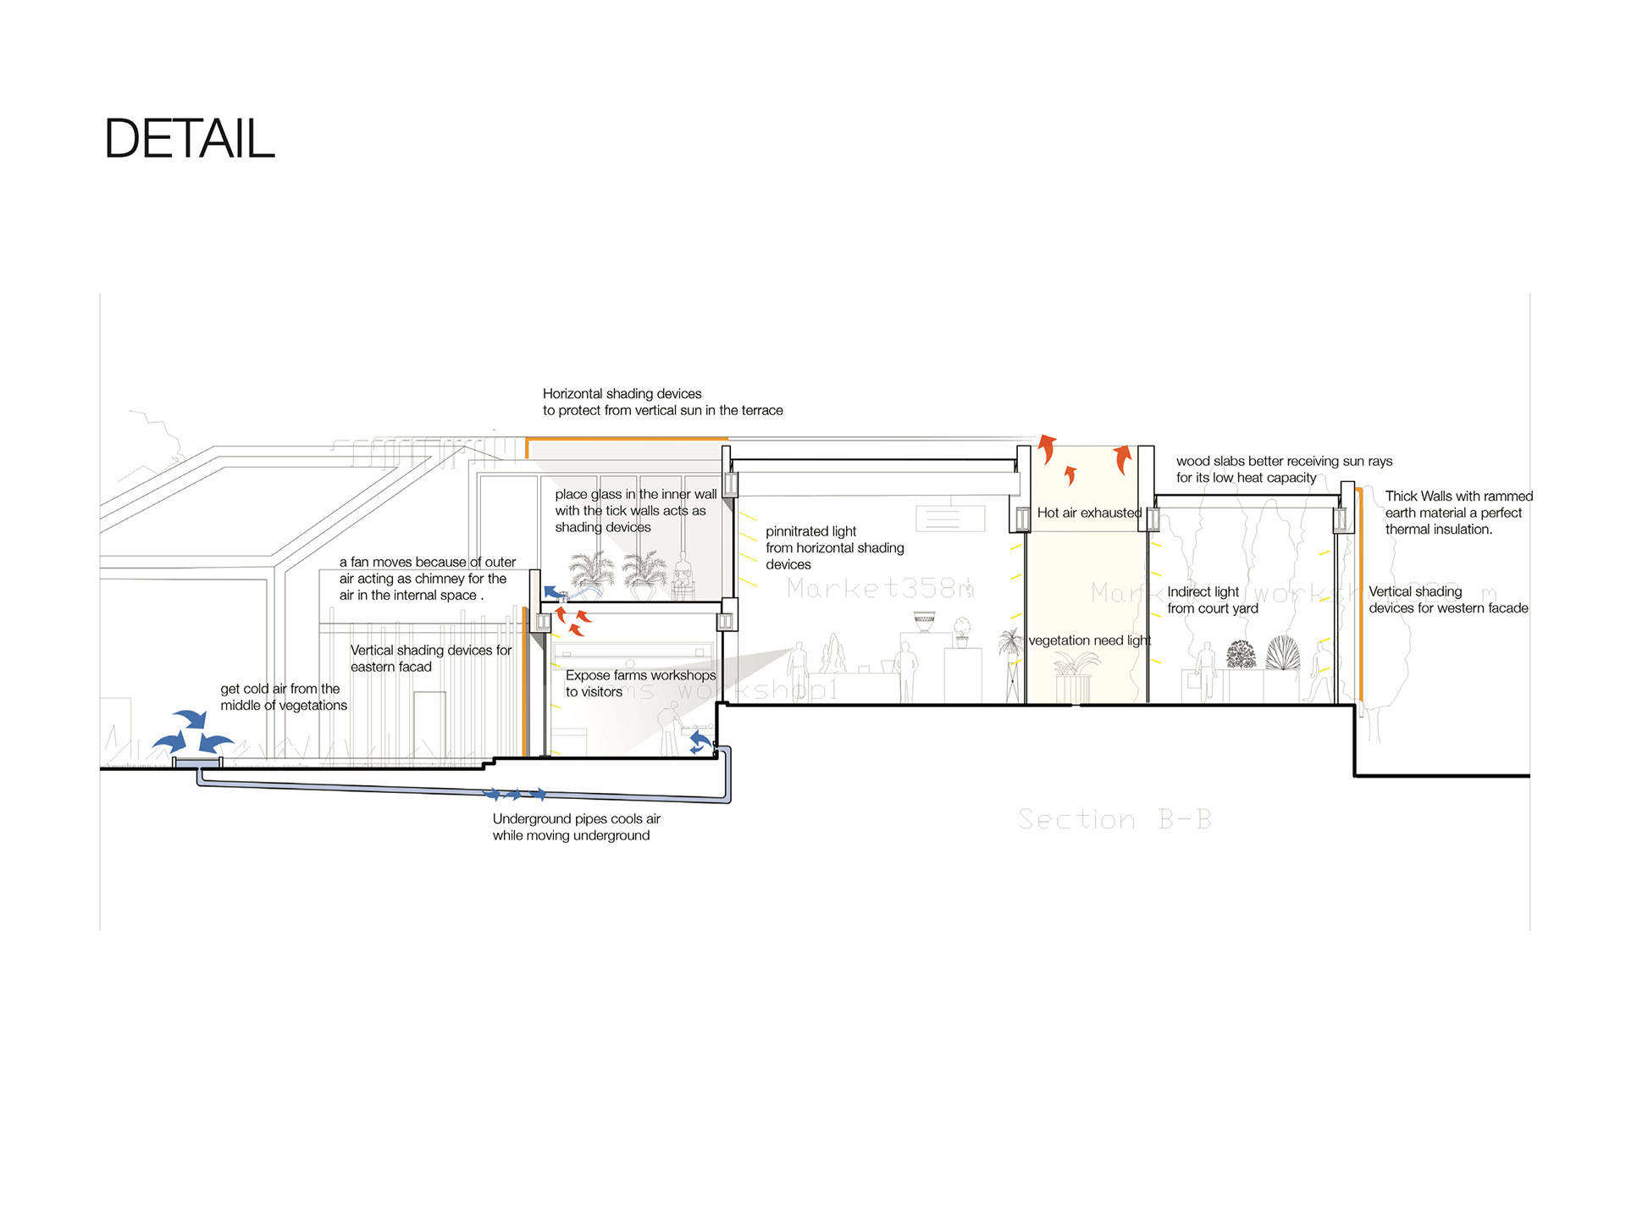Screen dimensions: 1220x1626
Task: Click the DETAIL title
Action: point(189,138)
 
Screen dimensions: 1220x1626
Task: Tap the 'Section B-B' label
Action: point(1114,819)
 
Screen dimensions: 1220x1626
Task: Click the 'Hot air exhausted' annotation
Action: point(1089,513)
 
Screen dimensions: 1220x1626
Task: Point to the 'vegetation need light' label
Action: point(1089,640)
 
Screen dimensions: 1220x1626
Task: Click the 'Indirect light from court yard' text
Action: point(1212,600)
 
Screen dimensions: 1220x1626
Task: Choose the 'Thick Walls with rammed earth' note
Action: point(1458,513)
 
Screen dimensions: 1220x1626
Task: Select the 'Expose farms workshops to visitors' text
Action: point(640,683)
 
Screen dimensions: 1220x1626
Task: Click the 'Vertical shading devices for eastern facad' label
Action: point(430,658)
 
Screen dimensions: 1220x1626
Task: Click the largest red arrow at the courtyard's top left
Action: point(1048,448)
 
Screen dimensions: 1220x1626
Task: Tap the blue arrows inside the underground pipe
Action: point(514,795)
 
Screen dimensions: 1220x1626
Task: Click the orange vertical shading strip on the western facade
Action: point(1360,593)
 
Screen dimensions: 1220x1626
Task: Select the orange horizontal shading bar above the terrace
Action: point(627,439)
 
